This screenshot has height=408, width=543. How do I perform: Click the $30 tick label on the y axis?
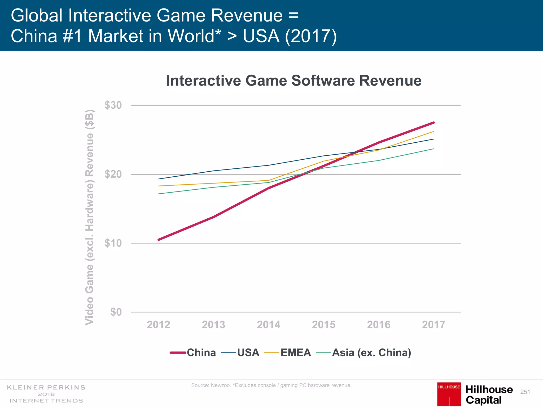(x=113, y=105)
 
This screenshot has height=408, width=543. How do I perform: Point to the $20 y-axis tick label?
(x=113, y=174)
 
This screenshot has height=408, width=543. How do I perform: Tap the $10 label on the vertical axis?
(x=113, y=243)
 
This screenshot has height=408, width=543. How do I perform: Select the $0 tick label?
(x=116, y=312)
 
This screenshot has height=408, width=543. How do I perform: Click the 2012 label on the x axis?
(x=159, y=325)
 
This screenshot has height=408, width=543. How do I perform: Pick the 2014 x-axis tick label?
(x=269, y=325)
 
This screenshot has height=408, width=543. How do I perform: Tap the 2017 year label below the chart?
(x=433, y=325)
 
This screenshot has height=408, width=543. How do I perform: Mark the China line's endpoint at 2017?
(x=433, y=122)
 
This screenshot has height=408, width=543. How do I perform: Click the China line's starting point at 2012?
(x=159, y=240)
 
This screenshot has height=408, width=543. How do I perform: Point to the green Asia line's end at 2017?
(x=433, y=149)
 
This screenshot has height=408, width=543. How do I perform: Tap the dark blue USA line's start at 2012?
(x=159, y=179)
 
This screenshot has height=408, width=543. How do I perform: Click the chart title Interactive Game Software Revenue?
(x=294, y=80)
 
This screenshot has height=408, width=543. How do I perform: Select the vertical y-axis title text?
(x=90, y=217)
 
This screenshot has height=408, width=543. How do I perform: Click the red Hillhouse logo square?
(x=449, y=394)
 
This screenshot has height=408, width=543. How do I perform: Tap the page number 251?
(x=525, y=392)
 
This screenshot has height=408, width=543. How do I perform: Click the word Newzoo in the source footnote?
(x=221, y=385)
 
